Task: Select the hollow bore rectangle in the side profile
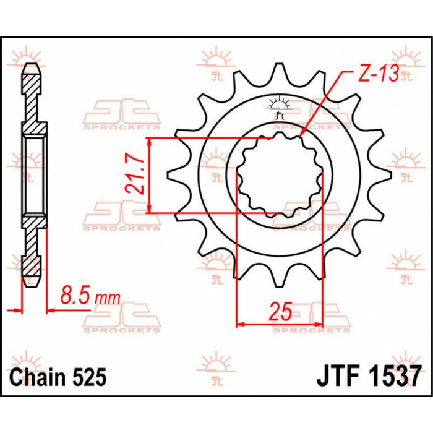33,176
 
